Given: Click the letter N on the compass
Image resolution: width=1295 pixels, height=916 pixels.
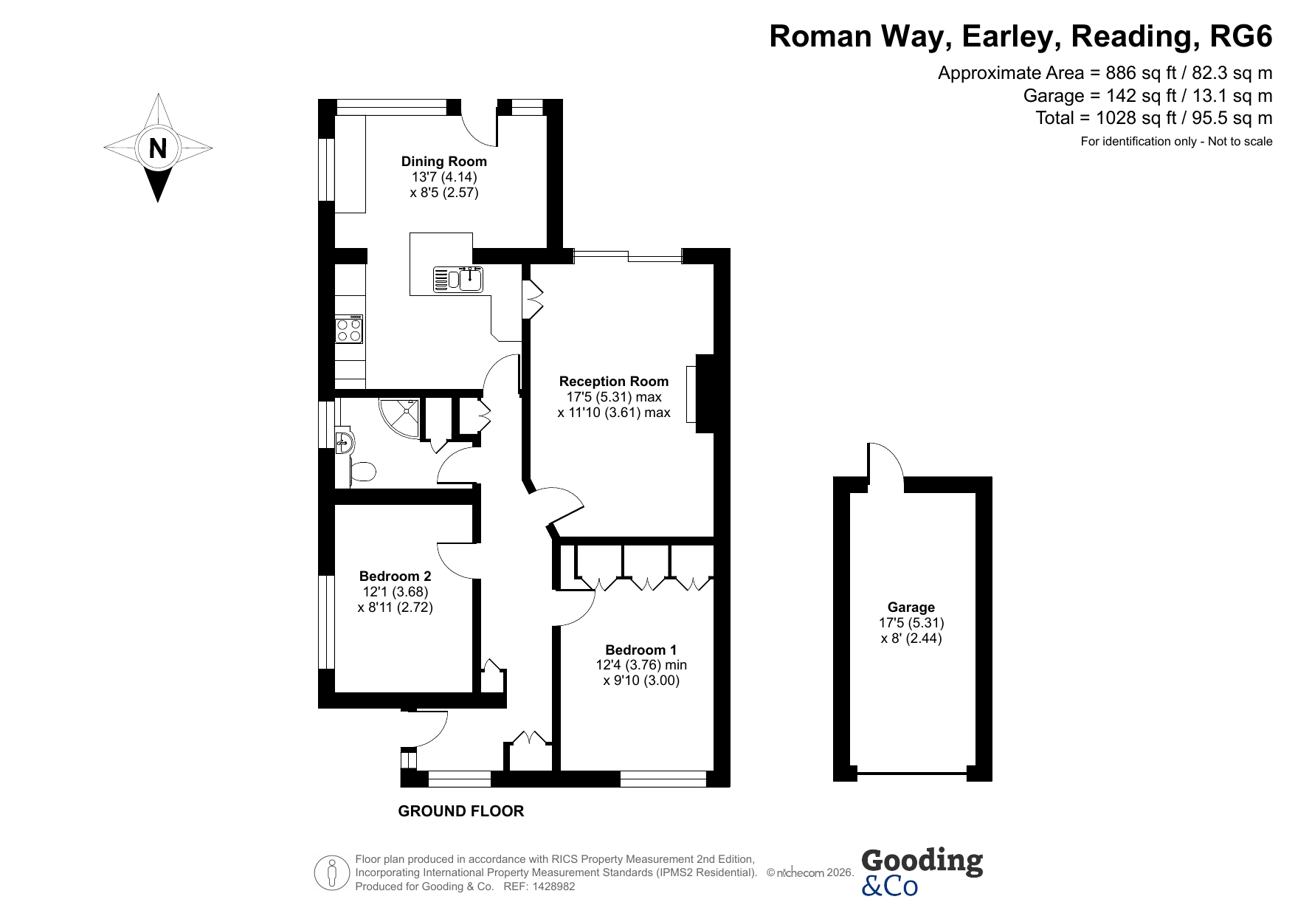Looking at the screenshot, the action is coord(157,149).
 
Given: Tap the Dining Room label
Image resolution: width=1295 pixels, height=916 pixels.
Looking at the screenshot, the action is coord(443,161).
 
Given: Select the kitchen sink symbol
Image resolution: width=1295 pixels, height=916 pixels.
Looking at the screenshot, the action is coord(458,279).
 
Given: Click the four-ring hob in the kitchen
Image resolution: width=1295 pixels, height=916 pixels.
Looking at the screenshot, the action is coord(349,329).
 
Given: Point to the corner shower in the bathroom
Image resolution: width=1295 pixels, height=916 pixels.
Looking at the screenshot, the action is coord(400,417).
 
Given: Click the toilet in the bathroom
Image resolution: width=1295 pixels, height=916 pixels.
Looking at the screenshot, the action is coord(362,471).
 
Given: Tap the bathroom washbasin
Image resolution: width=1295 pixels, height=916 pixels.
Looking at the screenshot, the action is coord(344,441).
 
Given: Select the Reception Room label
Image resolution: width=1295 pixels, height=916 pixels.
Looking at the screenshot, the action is coord(614,381).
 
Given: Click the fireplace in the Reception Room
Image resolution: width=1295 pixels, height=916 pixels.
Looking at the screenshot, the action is coord(701,393).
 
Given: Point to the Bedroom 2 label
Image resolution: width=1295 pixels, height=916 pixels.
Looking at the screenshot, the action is coord(395,576).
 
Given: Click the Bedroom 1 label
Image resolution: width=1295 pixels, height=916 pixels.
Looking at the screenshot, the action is coord(640,650).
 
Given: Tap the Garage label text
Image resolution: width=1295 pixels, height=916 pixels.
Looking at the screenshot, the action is coord(911,607).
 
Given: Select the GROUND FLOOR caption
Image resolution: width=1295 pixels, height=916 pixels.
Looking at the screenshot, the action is coord(461,811).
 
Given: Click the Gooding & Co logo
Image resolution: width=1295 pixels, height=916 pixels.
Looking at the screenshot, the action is coord(922,872).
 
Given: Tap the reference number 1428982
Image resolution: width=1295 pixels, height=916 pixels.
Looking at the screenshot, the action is coord(553,886).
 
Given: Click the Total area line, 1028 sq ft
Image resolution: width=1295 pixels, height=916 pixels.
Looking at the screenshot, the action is coord(1154,118).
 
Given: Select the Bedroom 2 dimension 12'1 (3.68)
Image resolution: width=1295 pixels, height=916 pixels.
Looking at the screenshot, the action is coord(395,591).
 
